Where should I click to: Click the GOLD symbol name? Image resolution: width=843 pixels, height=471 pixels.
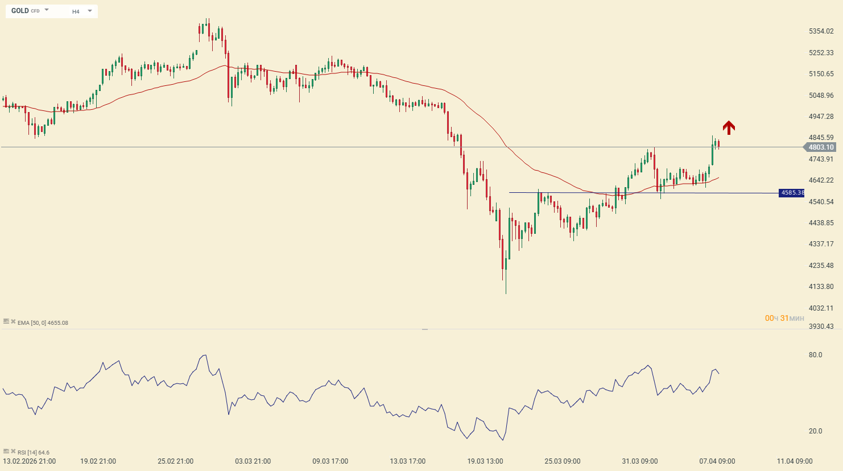pos(20,11)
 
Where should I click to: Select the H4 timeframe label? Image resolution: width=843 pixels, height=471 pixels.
pos(76,11)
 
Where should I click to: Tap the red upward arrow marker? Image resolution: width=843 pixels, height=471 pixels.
pos(729,127)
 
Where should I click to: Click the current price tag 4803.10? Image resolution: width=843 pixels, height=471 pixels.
pos(821,147)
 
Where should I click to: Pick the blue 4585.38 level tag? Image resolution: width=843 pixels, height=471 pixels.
pos(792,193)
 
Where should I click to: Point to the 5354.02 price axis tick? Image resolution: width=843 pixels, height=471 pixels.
pos(821,31)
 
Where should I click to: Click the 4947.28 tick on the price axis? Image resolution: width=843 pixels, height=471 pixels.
pos(821,117)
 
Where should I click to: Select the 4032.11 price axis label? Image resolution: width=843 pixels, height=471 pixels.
pos(821,308)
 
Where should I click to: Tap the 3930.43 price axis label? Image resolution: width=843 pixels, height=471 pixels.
pos(821,327)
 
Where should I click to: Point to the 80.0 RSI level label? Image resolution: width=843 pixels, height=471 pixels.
pos(815,355)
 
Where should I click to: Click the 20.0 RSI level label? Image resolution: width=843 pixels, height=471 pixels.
pos(815,431)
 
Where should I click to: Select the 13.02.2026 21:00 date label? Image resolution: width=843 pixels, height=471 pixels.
pos(30,461)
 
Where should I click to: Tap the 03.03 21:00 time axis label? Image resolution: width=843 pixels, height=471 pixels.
pos(253,461)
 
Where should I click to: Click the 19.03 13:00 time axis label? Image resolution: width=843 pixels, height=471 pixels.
pos(485,461)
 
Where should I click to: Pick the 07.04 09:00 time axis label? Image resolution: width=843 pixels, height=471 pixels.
pos(717,461)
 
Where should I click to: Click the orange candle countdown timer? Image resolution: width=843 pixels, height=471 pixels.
pos(784,318)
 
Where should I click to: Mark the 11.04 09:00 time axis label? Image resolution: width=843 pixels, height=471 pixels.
pos(795,461)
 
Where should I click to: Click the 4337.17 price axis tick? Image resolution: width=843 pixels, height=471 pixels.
pos(821,244)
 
